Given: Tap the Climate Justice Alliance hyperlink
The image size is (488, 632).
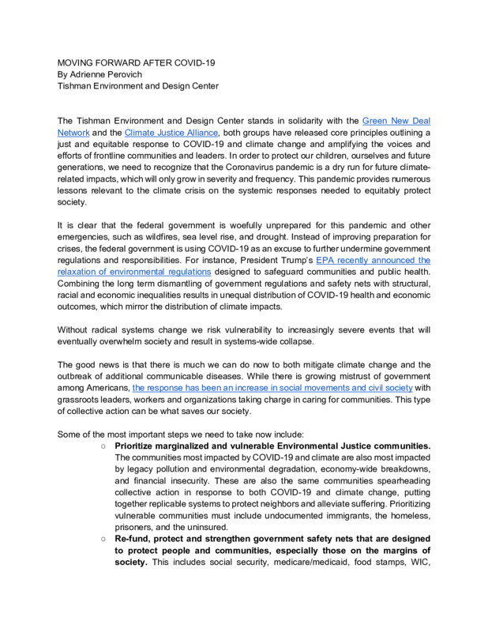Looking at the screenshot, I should click(171, 133).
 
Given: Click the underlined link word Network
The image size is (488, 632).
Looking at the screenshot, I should click(75, 133).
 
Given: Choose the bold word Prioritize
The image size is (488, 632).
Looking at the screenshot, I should click(140, 446).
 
